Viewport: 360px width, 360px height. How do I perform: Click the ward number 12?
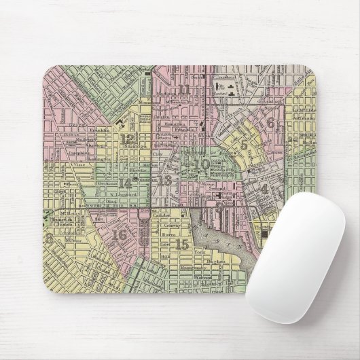[x=127, y=139]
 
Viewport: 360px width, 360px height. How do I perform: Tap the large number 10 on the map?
[x=202, y=164]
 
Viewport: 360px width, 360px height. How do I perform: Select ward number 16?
[x=120, y=235]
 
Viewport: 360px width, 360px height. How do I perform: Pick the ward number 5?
[x=244, y=144]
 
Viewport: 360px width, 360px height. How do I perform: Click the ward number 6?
[x=270, y=123]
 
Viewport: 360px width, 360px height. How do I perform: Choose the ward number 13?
[x=164, y=181]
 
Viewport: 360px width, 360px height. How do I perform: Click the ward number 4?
[x=264, y=188]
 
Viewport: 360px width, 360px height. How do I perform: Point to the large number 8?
[x=48, y=238]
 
